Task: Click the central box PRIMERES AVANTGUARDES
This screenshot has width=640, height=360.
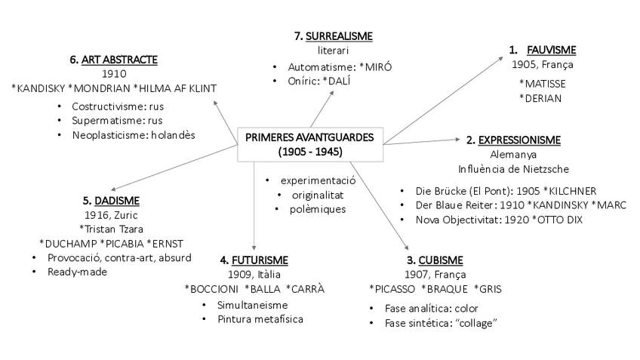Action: point(309,143)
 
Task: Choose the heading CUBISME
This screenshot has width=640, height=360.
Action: point(437,260)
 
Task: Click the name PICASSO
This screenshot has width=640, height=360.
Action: point(392,289)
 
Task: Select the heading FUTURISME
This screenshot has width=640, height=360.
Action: point(257,260)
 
